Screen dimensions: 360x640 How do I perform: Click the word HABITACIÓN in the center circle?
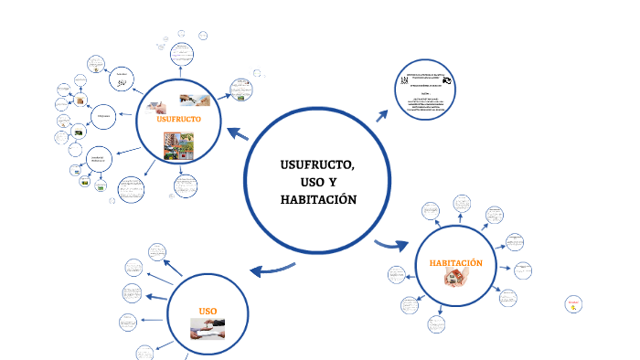tap(318, 200)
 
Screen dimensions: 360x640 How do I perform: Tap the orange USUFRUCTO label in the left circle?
tap(178, 120)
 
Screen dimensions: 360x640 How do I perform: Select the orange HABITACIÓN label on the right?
tap(455, 264)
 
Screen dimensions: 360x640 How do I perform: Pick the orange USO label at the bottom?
tap(208, 312)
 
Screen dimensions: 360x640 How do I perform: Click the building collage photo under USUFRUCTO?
tap(178, 146)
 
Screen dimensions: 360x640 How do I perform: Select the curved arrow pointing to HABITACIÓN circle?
tap(392, 244)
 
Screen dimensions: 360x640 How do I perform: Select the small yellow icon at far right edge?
tap(572, 304)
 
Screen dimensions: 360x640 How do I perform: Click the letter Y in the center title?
tap(334, 183)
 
